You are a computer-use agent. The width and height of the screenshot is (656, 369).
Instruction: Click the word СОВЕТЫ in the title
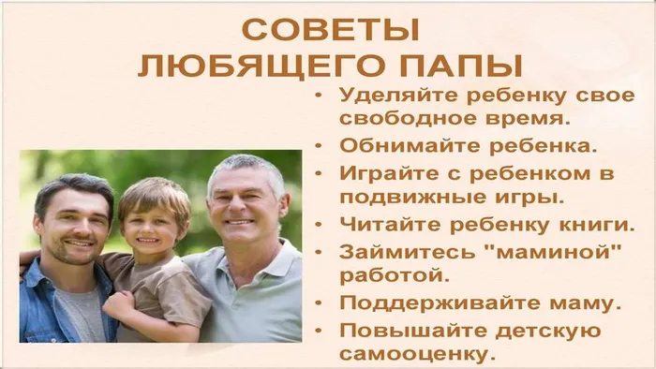coord(332,28)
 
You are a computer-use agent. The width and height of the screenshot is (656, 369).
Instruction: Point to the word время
coord(521,120)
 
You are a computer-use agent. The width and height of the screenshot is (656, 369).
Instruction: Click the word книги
coord(591,225)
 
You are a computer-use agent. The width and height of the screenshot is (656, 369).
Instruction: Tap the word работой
coord(384,277)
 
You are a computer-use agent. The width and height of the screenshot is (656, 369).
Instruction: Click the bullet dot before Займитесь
coord(321,252)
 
